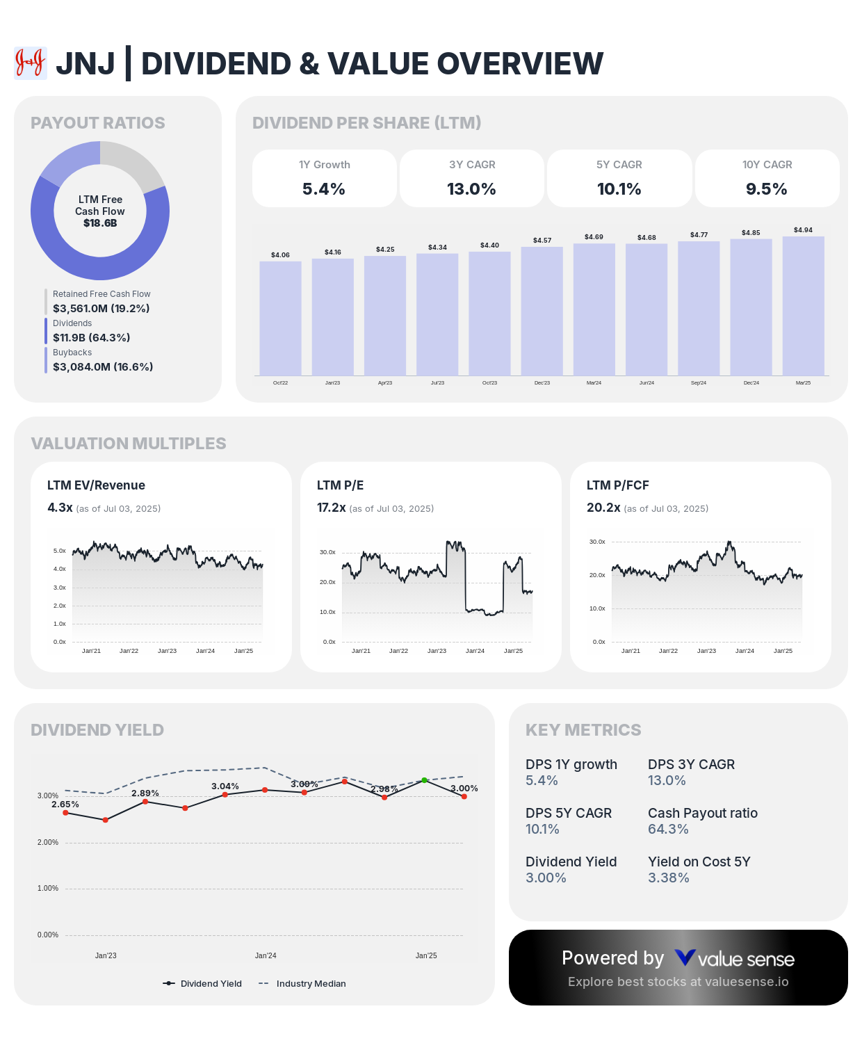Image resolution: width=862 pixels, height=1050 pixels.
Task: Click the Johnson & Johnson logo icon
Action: (x=31, y=63)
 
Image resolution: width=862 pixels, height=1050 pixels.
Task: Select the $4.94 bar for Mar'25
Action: (x=803, y=306)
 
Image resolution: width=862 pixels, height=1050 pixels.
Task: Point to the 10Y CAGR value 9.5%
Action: (x=766, y=188)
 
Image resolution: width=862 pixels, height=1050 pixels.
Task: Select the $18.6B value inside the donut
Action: (x=100, y=223)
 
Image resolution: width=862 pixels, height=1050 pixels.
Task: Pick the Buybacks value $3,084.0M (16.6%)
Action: (x=103, y=366)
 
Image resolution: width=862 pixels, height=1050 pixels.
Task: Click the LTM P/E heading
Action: (x=340, y=485)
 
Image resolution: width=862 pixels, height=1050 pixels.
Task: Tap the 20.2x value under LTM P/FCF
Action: (x=603, y=508)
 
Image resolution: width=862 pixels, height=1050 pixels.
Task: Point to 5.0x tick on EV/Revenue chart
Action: (x=59, y=551)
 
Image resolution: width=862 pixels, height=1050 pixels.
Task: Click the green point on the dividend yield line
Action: (x=424, y=780)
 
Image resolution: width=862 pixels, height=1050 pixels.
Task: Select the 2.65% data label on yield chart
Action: (x=65, y=804)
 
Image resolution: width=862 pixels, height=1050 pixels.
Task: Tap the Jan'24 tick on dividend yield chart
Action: (x=266, y=955)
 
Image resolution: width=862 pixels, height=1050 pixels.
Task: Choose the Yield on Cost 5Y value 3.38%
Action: (x=668, y=878)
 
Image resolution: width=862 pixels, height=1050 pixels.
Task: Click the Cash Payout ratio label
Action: (x=702, y=813)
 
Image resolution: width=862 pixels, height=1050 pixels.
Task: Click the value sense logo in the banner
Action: (x=734, y=959)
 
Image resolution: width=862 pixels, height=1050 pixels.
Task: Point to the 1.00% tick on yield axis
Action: (x=48, y=889)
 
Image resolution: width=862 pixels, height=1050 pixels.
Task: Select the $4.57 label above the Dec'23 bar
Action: (x=542, y=240)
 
